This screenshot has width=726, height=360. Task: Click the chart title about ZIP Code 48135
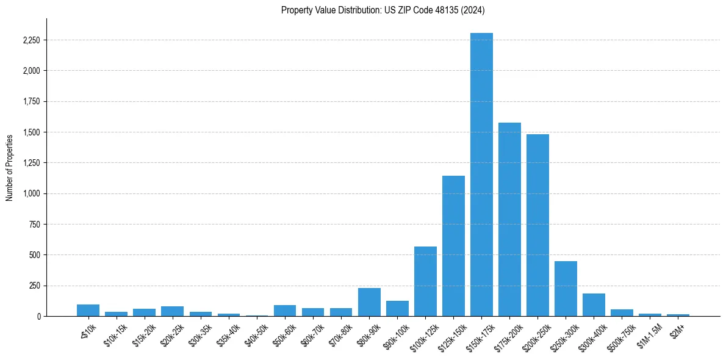pos(383,10)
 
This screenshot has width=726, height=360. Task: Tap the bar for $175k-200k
pos(509,220)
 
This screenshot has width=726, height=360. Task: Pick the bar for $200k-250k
pos(537,225)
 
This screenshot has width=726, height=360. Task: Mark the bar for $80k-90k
pos(369,302)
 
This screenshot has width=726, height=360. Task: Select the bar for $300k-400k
pos(594,305)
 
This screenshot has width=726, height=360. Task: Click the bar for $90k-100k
pos(397,309)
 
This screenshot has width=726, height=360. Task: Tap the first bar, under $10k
pos(88,311)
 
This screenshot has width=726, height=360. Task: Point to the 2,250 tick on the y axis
pos(31,40)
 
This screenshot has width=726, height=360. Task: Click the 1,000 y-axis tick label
pos(31,194)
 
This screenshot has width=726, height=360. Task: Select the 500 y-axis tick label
pos(34,255)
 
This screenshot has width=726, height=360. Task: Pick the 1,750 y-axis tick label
pos(31,102)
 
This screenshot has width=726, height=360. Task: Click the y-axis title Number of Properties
pos(9,168)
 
